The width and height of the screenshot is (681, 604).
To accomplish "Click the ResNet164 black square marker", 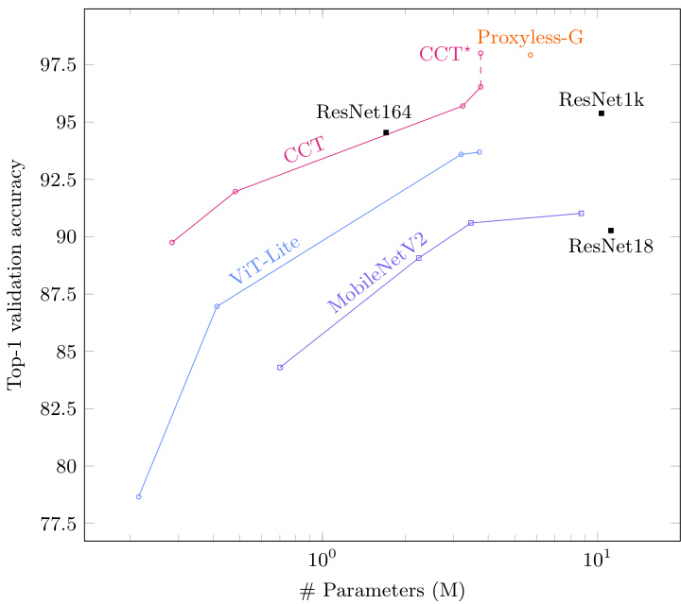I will point(386,132).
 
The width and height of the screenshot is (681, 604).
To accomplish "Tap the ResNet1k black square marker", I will point(602,113).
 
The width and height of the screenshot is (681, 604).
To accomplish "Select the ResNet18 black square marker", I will point(611,231).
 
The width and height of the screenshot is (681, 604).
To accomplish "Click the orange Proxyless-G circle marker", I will point(531,55).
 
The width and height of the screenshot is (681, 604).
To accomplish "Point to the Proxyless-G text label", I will point(530,38).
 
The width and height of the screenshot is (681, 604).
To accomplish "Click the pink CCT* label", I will point(445,55).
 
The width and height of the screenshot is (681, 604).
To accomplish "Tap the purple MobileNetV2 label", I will point(377,272).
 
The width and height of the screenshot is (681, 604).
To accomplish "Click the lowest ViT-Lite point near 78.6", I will point(138,496).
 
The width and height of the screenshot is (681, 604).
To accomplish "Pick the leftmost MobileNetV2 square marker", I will point(280,368).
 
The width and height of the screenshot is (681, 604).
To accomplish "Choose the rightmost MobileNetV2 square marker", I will point(582,214).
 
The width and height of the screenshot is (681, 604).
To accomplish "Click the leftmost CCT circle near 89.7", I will point(172,243).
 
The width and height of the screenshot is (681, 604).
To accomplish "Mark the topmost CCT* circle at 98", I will point(480,54).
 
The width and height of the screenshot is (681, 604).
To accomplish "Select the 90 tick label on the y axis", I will point(64,237).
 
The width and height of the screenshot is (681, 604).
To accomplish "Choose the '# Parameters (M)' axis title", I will point(381,591).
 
